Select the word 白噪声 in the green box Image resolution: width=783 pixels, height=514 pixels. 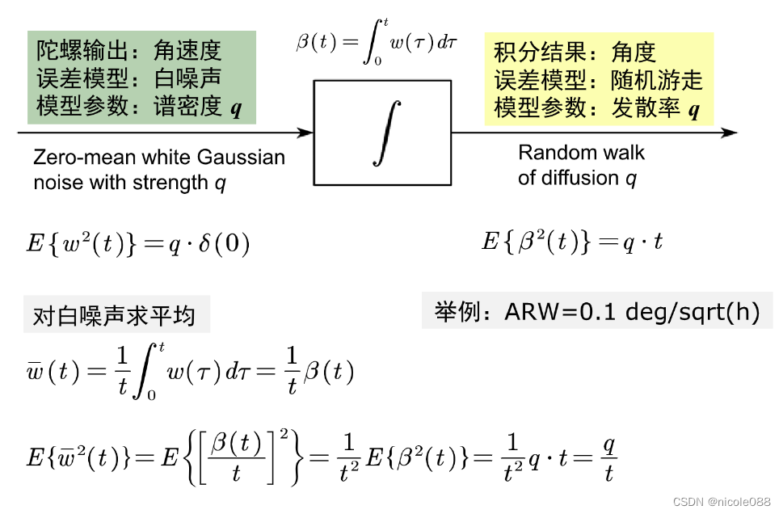[187, 78]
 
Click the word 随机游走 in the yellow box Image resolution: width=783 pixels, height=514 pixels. [657, 79]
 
